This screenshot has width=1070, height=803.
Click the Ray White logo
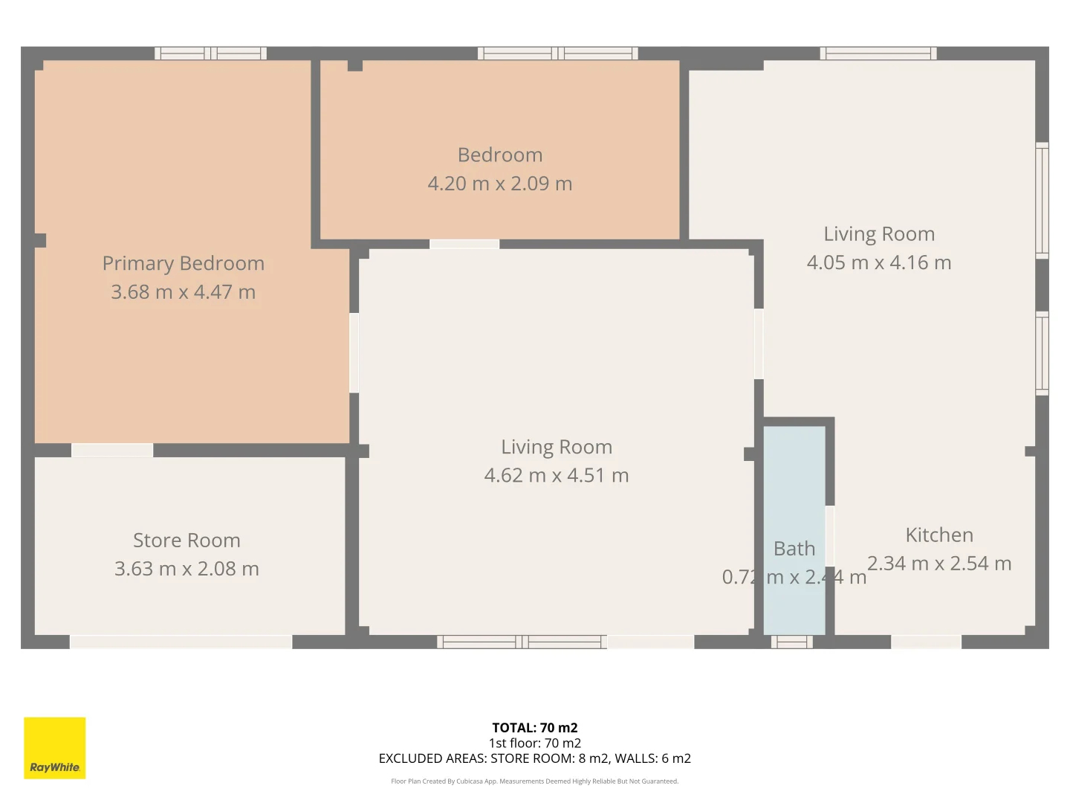coord(55,748)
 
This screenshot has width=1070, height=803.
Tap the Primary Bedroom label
coord(183,263)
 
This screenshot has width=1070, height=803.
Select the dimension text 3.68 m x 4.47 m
coord(183,292)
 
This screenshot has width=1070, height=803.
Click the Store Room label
coord(187,540)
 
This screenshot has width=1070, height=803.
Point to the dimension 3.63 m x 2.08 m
coord(187,569)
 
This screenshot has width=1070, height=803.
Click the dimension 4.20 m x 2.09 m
coord(500,184)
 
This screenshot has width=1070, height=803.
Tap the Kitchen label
coord(939,535)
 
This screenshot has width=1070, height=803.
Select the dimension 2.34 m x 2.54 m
coord(939,564)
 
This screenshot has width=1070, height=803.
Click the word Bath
coord(794,549)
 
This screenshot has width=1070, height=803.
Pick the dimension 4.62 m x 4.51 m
coord(557,475)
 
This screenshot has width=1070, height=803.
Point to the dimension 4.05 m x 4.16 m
coord(879,262)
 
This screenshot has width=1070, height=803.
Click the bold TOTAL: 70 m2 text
coord(535,728)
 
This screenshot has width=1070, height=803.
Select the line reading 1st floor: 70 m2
coord(535,743)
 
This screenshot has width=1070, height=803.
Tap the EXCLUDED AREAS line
coord(535,758)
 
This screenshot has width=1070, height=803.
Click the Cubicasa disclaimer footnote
coord(535,781)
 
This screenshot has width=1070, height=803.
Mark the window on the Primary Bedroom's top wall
coord(210,54)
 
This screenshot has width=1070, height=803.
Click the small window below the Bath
coord(791,642)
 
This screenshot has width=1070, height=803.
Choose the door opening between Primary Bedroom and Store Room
coord(112,451)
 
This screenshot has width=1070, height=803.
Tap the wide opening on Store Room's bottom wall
coord(181,642)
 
